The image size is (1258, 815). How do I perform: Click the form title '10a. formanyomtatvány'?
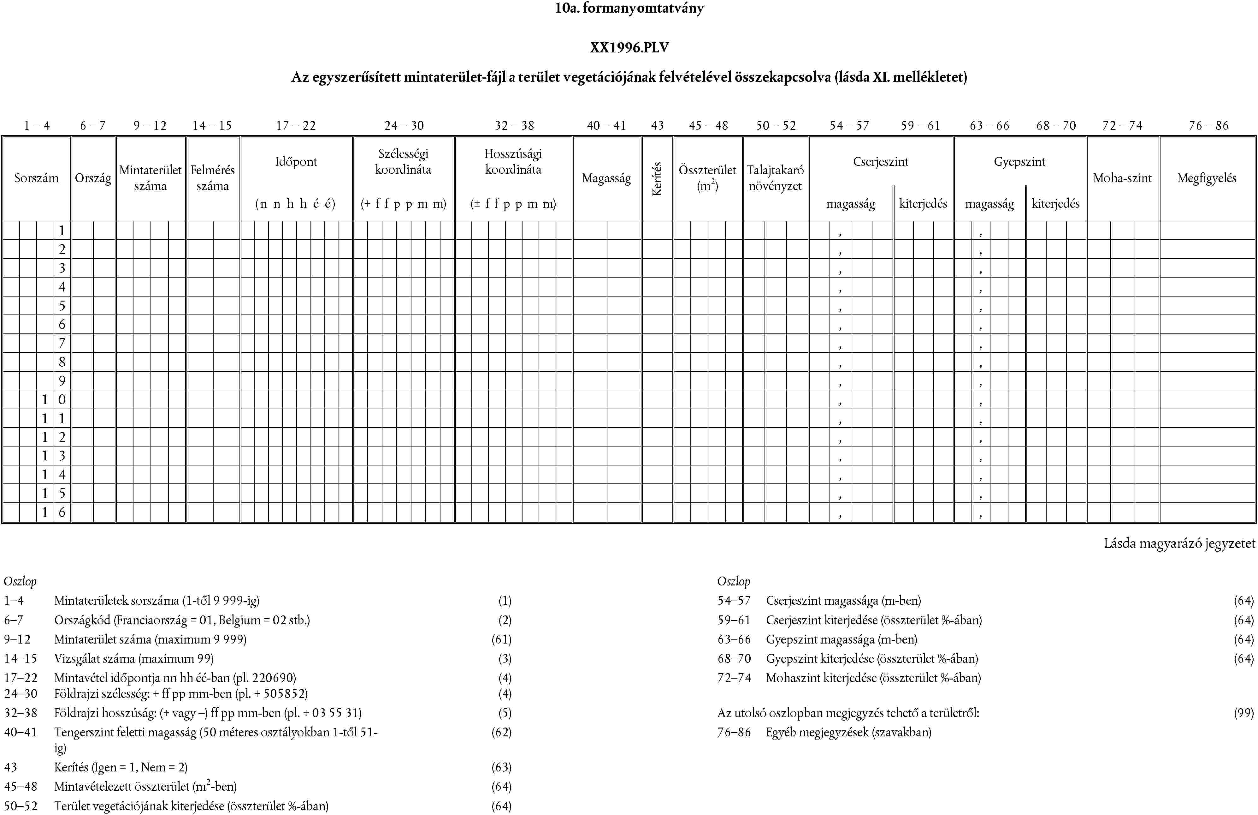click(629, 9)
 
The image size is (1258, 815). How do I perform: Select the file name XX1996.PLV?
click(629, 48)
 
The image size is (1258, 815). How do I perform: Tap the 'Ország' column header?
click(93, 178)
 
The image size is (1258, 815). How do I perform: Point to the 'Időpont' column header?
click(296, 162)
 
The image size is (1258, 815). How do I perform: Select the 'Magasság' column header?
click(606, 178)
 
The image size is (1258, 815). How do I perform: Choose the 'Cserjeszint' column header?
click(881, 162)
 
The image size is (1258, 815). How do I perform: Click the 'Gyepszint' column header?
click(1019, 162)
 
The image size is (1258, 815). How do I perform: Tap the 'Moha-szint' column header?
click(1122, 178)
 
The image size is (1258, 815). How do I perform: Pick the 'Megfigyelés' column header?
click(1207, 178)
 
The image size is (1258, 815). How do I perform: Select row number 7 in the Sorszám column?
click(62, 343)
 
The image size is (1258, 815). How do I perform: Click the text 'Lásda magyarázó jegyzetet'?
click(1179, 543)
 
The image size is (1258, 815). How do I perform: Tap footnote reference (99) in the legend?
click(1243, 713)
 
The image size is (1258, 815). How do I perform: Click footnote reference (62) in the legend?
click(501, 733)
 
